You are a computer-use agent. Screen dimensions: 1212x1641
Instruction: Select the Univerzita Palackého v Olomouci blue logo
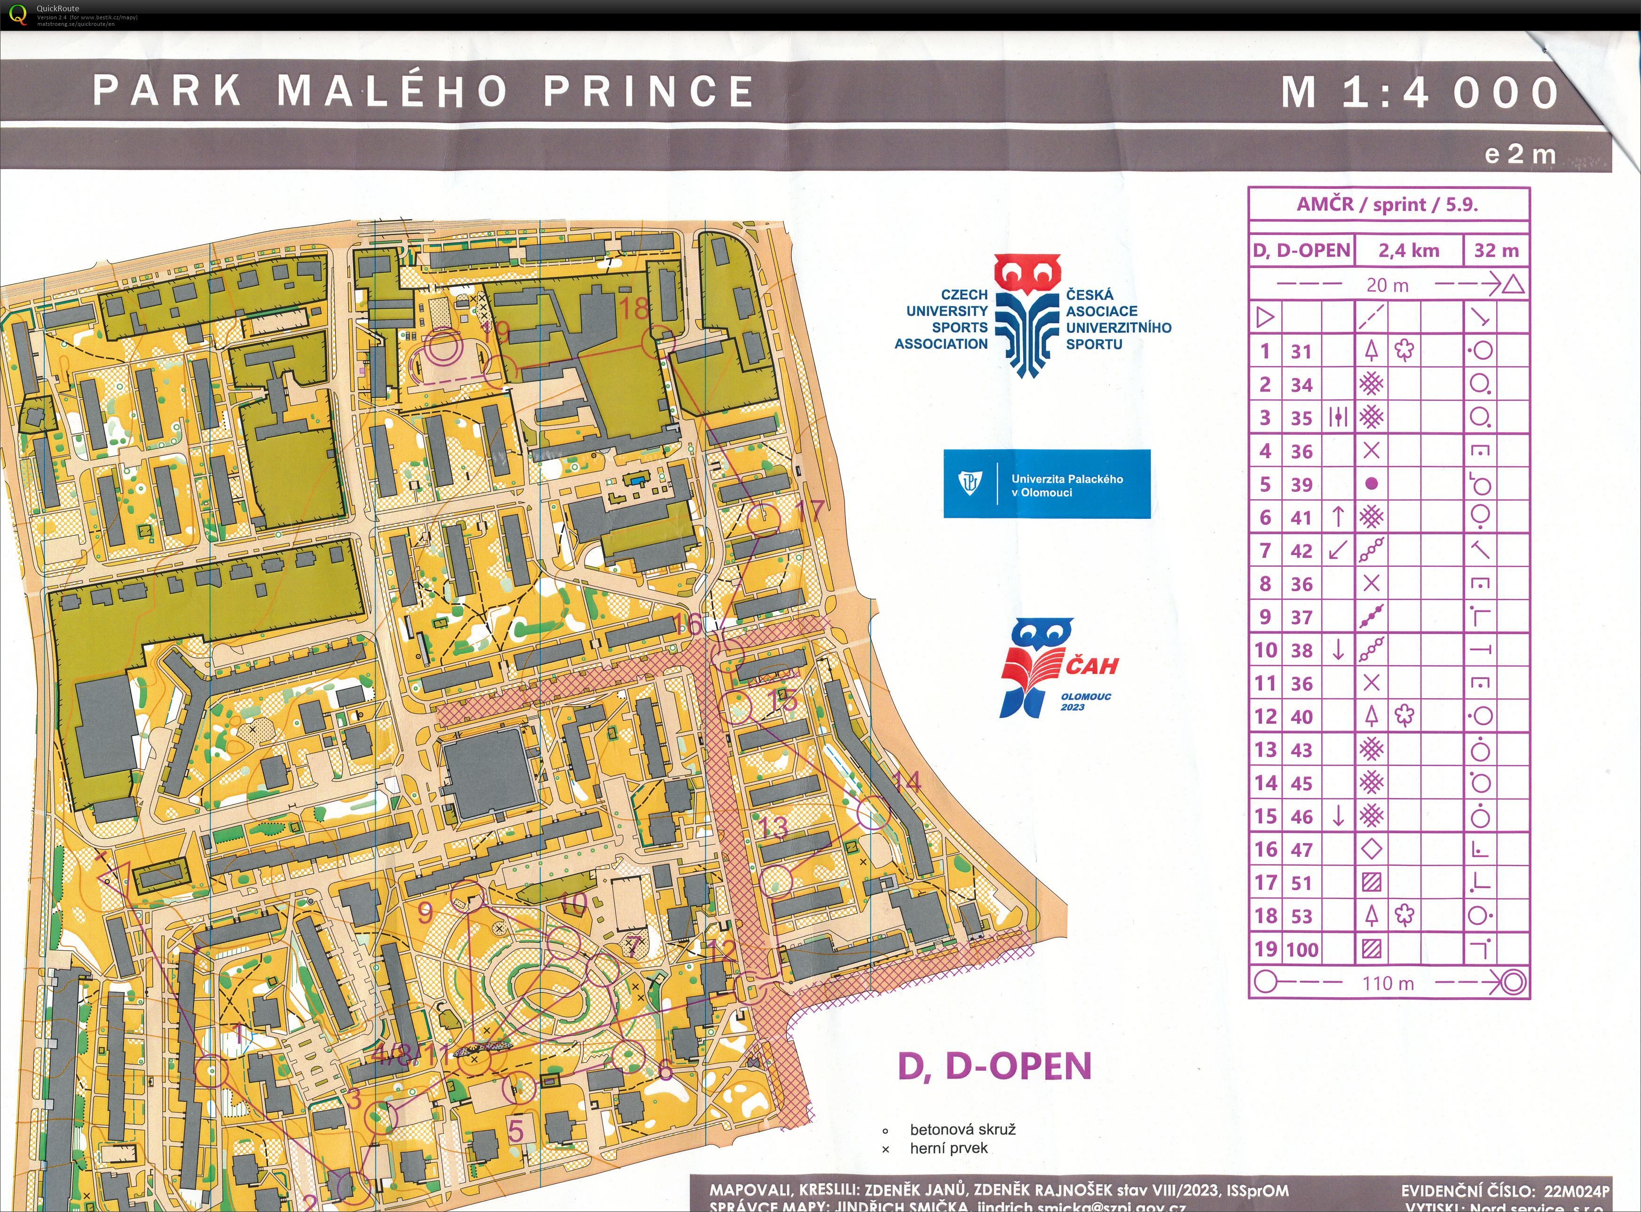click(x=1047, y=484)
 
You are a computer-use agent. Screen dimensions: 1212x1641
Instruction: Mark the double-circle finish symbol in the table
click(x=1513, y=982)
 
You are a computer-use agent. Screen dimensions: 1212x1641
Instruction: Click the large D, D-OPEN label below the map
click(x=994, y=1066)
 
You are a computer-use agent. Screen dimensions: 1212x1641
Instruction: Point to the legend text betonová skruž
click(x=962, y=1129)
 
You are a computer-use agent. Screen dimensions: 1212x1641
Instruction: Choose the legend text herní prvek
click(x=948, y=1148)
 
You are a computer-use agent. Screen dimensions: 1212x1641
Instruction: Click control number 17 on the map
click(x=810, y=511)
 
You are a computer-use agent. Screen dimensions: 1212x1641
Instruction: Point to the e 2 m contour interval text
click(x=1519, y=154)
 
